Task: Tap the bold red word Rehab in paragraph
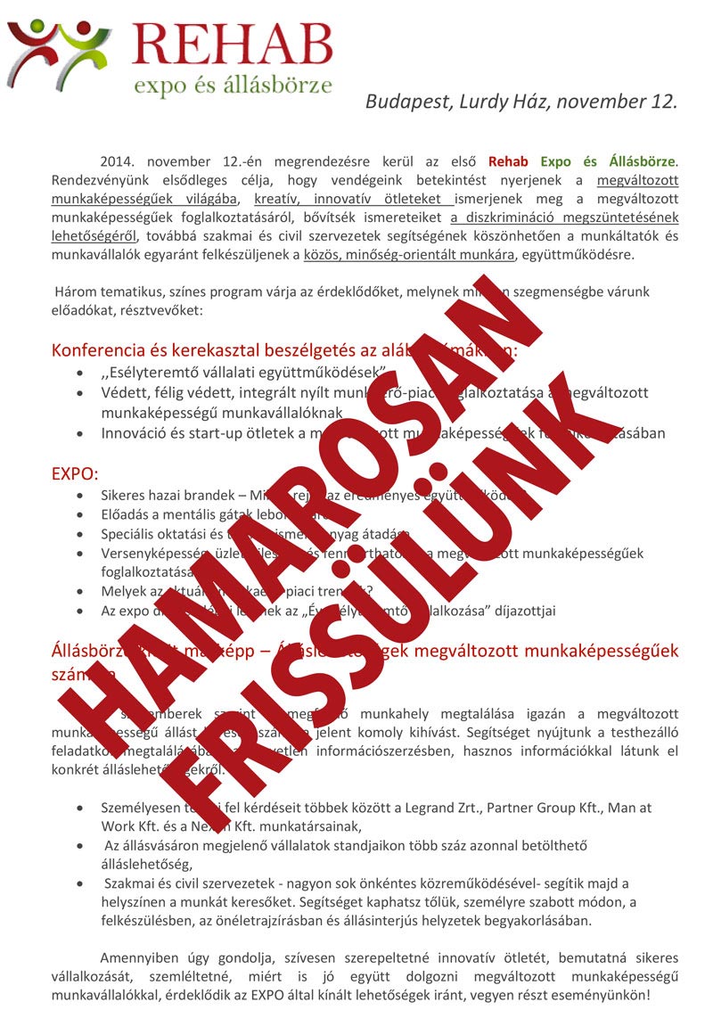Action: click(x=508, y=162)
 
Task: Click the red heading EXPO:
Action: click(x=75, y=472)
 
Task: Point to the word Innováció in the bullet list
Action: click(x=133, y=433)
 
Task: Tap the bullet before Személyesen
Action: click(x=83, y=809)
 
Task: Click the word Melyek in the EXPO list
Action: click(x=123, y=591)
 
